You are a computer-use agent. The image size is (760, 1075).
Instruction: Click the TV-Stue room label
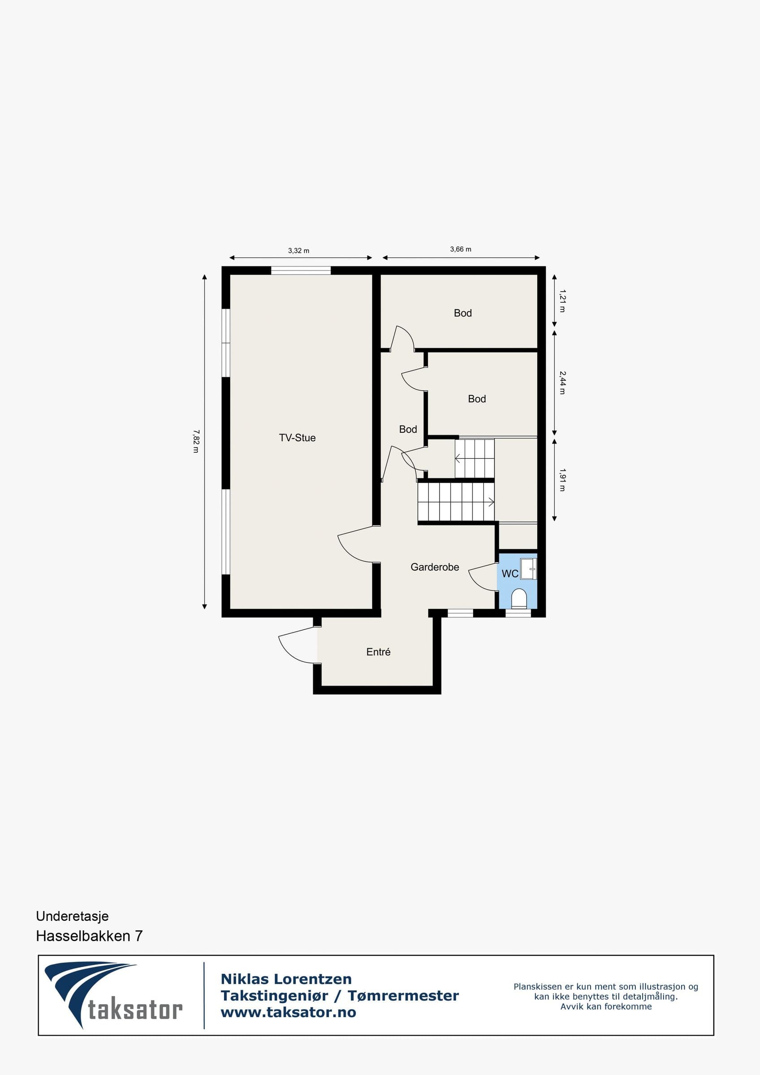(x=298, y=438)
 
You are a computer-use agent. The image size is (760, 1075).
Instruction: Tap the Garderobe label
(x=435, y=567)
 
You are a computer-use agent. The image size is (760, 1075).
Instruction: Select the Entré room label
(x=378, y=652)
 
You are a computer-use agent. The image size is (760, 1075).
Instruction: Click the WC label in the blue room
(x=510, y=573)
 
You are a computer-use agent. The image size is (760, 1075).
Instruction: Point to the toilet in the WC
(x=519, y=599)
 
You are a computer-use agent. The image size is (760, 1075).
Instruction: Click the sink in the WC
(x=529, y=569)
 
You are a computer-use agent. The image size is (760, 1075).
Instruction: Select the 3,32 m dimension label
(x=299, y=250)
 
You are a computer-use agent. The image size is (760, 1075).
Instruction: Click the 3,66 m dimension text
(x=461, y=249)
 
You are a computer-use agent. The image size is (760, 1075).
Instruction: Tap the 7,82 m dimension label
(x=196, y=441)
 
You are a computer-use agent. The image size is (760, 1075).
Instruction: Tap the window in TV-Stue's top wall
(x=301, y=270)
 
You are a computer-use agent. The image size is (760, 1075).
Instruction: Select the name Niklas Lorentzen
(x=286, y=979)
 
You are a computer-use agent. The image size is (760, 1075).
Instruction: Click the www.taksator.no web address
(x=289, y=1012)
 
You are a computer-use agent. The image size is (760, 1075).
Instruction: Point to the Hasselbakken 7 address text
(x=90, y=936)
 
